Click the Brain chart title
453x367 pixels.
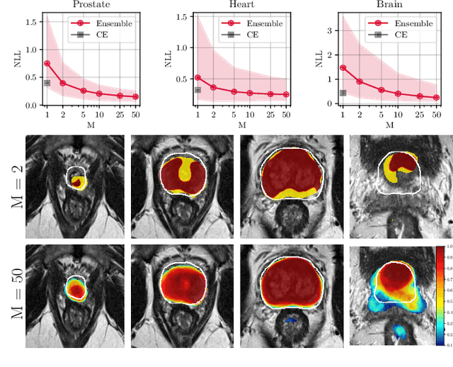click(x=389, y=5)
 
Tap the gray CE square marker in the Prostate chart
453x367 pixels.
click(x=47, y=83)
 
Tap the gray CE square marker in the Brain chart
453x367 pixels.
click(x=343, y=93)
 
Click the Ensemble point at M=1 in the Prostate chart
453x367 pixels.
click(x=47, y=63)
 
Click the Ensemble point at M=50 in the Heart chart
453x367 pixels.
click(x=286, y=94)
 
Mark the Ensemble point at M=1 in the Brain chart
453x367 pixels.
click(x=343, y=68)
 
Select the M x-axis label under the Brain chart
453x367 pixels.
click(x=389, y=124)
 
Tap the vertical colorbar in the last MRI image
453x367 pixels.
click(x=440, y=295)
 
